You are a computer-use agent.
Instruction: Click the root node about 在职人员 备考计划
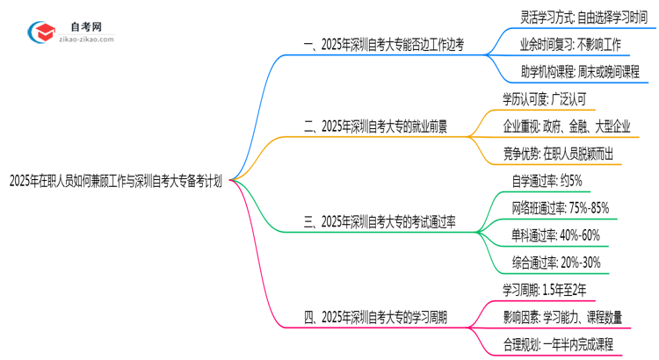tap(114, 183)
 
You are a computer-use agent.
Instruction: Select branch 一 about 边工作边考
tap(384, 43)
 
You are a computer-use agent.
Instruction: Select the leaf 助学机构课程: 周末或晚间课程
tap(576, 71)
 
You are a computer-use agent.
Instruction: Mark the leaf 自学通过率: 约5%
tap(547, 181)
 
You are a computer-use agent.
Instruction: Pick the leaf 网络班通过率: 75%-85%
tap(560, 208)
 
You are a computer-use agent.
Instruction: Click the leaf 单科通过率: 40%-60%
tap(555, 235)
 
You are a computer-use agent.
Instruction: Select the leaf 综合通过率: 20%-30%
tap(555, 263)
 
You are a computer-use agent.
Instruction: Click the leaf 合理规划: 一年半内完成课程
tap(570, 344)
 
